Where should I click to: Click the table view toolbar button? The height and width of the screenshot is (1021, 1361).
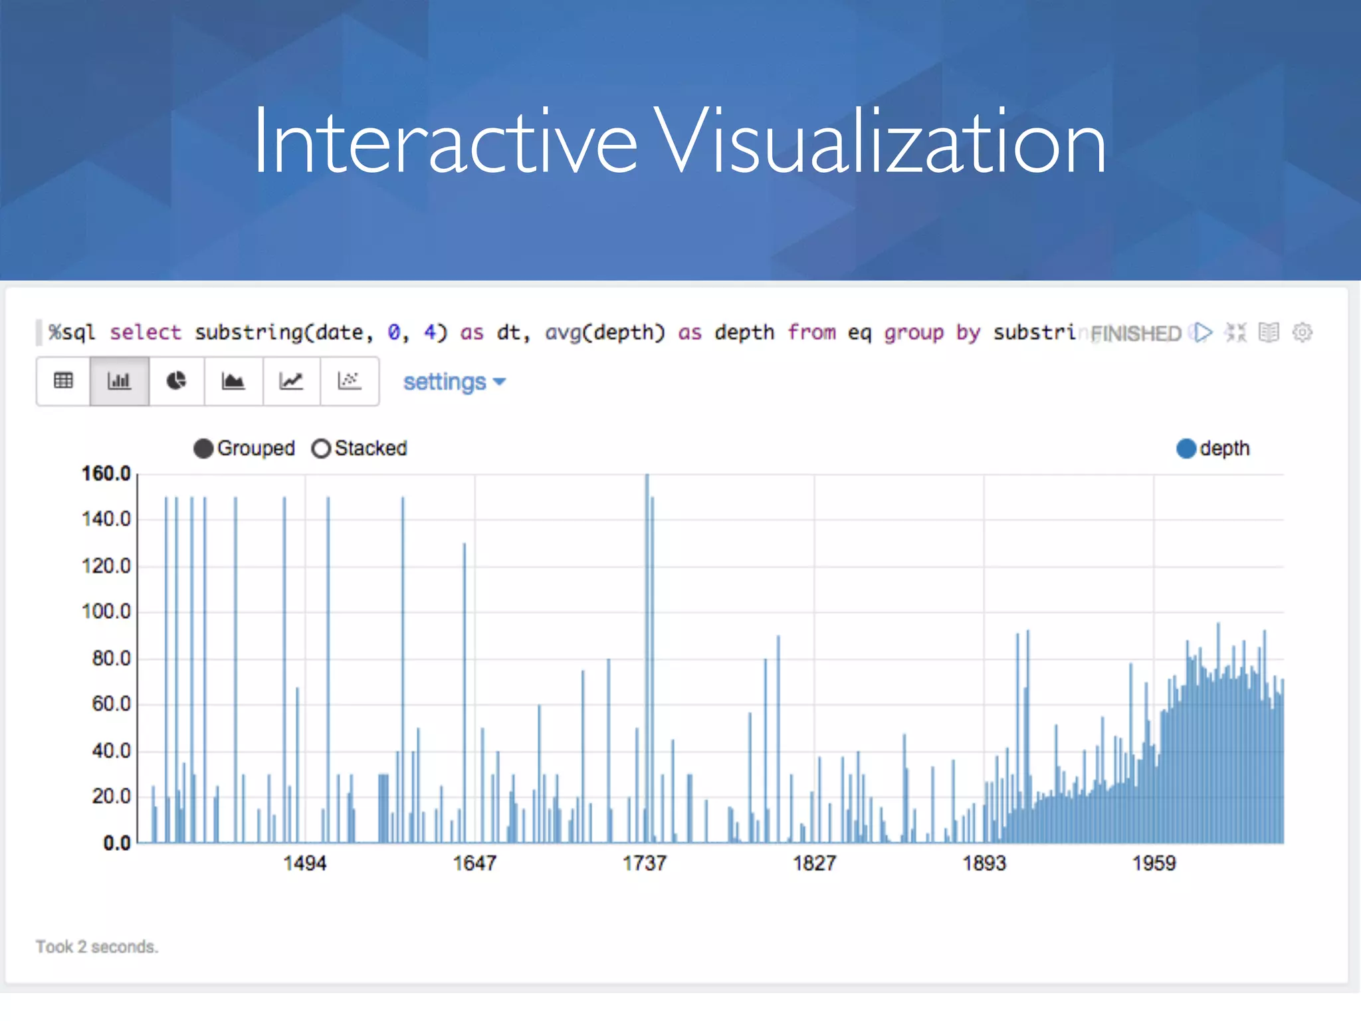point(63,381)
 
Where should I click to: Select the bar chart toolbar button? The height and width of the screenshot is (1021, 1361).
point(119,381)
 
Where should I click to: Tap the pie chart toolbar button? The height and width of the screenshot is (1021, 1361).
point(176,381)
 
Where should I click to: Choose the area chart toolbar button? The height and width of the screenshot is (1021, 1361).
point(233,381)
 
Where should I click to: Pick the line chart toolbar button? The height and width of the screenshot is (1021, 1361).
point(291,381)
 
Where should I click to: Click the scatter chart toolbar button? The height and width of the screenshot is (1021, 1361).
point(349,381)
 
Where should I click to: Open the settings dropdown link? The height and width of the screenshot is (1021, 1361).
point(454,382)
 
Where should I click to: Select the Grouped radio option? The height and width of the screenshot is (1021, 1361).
point(203,449)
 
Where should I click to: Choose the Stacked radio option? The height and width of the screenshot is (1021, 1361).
point(321,449)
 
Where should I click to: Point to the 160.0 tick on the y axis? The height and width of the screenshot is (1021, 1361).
point(106,474)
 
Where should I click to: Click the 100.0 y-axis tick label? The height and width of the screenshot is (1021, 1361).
point(106,612)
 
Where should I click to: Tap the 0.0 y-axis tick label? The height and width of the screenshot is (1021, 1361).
point(117,843)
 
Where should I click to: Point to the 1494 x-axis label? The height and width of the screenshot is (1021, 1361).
point(305,863)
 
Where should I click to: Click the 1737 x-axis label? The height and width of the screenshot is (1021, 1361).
point(645,863)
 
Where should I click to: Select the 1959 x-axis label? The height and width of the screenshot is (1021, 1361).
point(1154,863)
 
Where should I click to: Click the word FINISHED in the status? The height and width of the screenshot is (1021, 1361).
point(1136,333)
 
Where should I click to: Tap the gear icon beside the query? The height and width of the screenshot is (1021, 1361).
point(1302,332)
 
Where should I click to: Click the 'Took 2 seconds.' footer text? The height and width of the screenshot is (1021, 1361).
point(97,947)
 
